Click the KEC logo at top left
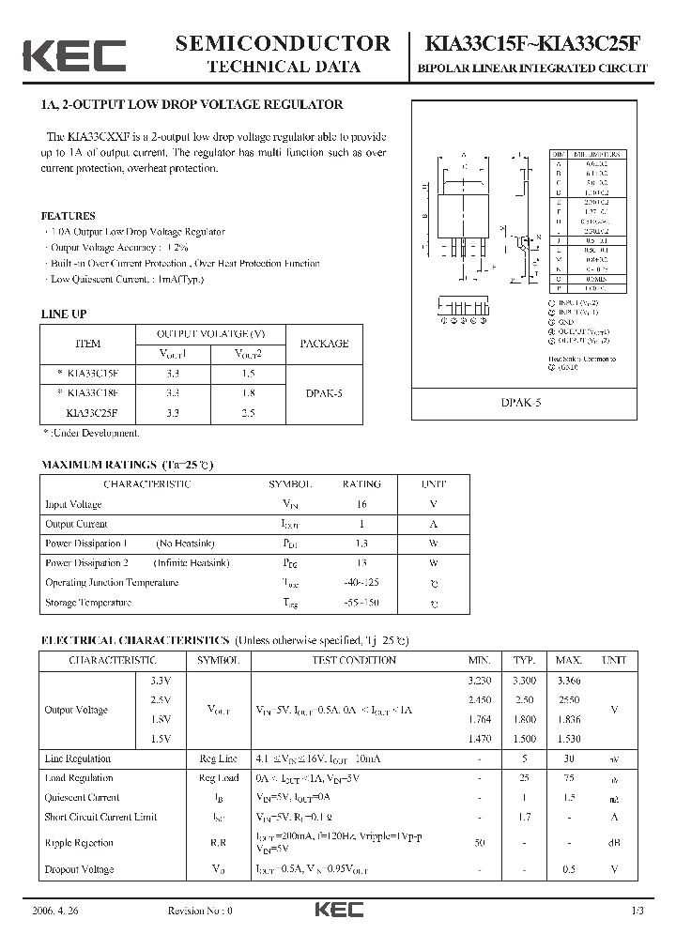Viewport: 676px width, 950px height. [x=74, y=55]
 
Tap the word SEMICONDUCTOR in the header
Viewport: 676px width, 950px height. [x=283, y=43]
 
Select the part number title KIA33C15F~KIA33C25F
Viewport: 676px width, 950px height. [x=536, y=43]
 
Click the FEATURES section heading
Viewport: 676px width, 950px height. [x=69, y=215]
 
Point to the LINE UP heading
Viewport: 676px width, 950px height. [x=64, y=314]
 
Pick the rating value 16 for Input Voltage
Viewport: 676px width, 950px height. [x=361, y=504]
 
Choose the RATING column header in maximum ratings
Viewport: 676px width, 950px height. [x=361, y=484]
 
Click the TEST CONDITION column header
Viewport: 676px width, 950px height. [x=353, y=660]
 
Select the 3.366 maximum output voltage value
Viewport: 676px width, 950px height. [x=569, y=681]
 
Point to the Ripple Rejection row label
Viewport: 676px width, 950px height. [x=79, y=843]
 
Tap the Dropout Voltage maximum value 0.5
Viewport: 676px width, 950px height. [x=569, y=869]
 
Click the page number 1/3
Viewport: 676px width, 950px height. [x=638, y=912]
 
